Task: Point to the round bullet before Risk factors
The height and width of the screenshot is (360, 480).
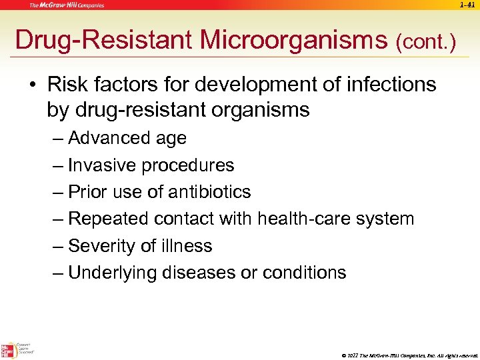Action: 33,85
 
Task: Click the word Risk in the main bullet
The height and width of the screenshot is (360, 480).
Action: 67,85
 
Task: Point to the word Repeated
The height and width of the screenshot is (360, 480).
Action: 108,219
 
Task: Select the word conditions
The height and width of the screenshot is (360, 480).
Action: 305,273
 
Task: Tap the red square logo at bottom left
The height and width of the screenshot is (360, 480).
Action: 9,350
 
